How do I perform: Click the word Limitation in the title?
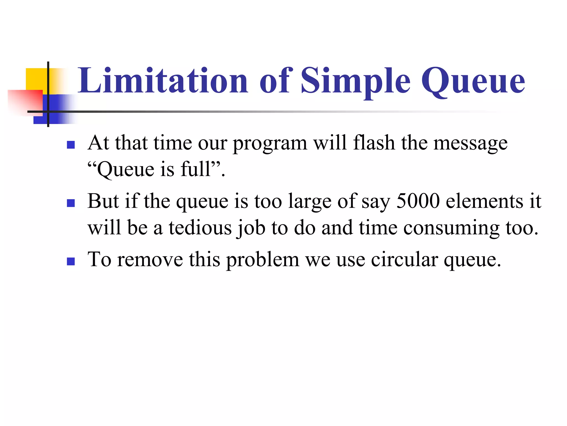[x=163, y=81]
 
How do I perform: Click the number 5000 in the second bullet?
[x=418, y=201]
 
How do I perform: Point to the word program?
[x=270, y=144]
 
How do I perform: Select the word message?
[x=470, y=144]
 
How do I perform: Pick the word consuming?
[x=451, y=228]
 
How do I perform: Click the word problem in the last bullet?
[x=263, y=260]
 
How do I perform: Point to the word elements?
[x=484, y=201]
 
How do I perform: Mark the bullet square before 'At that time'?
[x=71, y=145]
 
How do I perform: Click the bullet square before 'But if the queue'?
[x=71, y=203]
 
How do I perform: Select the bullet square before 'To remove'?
[x=71, y=262]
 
